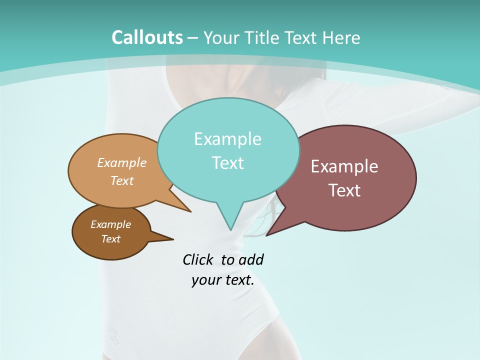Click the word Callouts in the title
[x=147, y=37]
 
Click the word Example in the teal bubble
[x=227, y=139]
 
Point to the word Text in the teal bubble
[x=227, y=163]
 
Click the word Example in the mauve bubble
[x=344, y=166]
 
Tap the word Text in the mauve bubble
[x=344, y=190]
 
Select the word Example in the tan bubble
[x=122, y=162]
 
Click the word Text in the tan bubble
[x=122, y=180]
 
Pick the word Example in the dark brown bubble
[x=110, y=224]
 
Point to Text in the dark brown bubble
[x=110, y=239]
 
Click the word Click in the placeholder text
[x=197, y=259]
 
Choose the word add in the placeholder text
[x=251, y=259]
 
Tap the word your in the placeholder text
[x=205, y=280]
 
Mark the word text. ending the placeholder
[x=238, y=280]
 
